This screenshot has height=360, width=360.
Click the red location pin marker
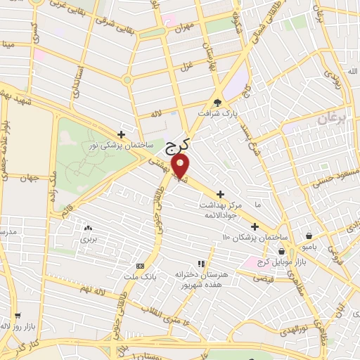click(x=181, y=166)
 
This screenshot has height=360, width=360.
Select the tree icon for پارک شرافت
click(x=217, y=101)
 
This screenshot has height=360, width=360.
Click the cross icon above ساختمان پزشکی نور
click(x=122, y=134)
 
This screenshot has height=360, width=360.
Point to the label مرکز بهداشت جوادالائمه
click(x=221, y=205)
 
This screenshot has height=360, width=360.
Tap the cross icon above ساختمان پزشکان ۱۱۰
click(x=255, y=226)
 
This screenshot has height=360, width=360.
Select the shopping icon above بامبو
click(x=310, y=236)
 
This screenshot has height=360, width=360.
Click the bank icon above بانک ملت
click(x=140, y=266)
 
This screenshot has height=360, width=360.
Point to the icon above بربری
click(x=88, y=228)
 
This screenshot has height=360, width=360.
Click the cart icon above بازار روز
click(x=17, y=316)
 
